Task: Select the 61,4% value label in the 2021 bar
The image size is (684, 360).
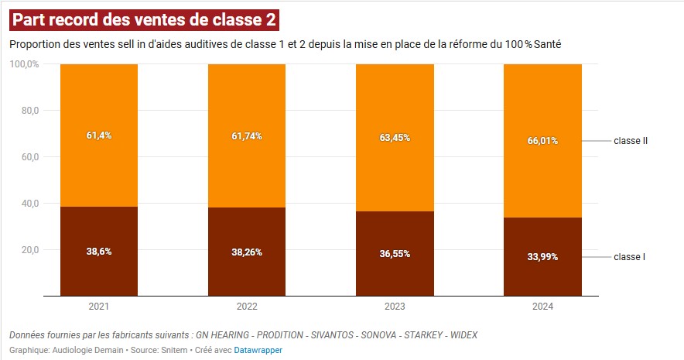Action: pos(99,135)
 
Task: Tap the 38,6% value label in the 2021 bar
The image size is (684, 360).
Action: pos(99,252)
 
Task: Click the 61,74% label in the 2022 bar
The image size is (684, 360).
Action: pos(247,136)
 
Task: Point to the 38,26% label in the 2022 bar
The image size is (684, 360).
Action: pos(247,252)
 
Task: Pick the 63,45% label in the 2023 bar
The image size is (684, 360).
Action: pos(395,138)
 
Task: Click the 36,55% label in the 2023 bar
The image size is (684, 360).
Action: pos(395,254)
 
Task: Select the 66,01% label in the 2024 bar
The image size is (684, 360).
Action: pos(542,141)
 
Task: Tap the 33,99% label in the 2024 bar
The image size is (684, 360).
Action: pos(542,257)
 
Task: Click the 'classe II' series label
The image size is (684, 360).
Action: pos(630,141)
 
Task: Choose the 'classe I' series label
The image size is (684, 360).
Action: pos(628,257)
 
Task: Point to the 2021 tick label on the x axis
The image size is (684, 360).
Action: pos(99,307)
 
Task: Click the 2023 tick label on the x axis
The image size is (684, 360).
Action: pos(395,307)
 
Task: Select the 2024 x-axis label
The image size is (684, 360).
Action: pos(542,307)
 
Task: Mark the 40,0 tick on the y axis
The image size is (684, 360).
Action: pos(29,204)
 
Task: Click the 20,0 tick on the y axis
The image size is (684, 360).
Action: pos(29,250)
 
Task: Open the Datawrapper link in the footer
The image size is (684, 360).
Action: pos(258,350)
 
